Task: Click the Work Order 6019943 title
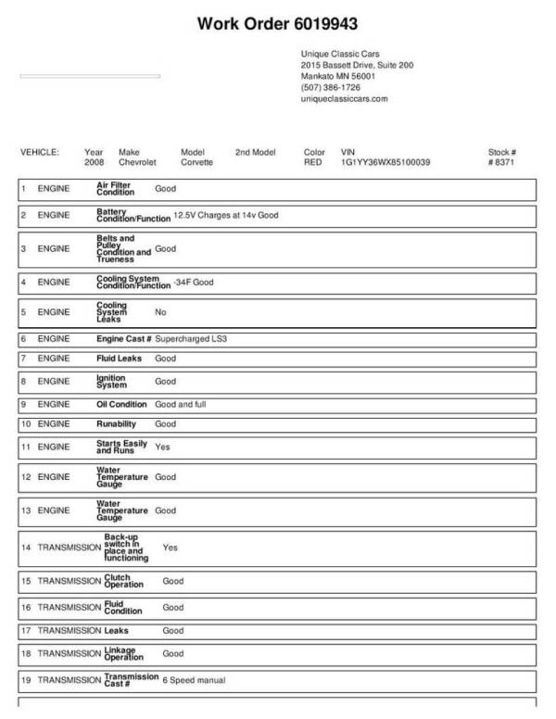(277, 22)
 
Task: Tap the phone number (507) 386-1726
(331, 87)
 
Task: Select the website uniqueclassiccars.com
(344, 98)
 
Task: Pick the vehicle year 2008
(95, 162)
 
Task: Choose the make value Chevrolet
(138, 162)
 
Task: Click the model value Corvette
(196, 162)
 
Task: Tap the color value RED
(312, 162)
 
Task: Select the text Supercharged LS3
(191, 339)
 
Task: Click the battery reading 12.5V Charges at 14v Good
(226, 215)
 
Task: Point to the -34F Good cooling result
(193, 281)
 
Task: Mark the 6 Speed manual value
(194, 680)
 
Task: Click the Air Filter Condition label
(115, 188)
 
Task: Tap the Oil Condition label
(121, 404)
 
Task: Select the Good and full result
(181, 404)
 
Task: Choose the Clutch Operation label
(123, 581)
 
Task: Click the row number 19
(26, 680)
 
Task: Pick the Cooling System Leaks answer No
(160, 312)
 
